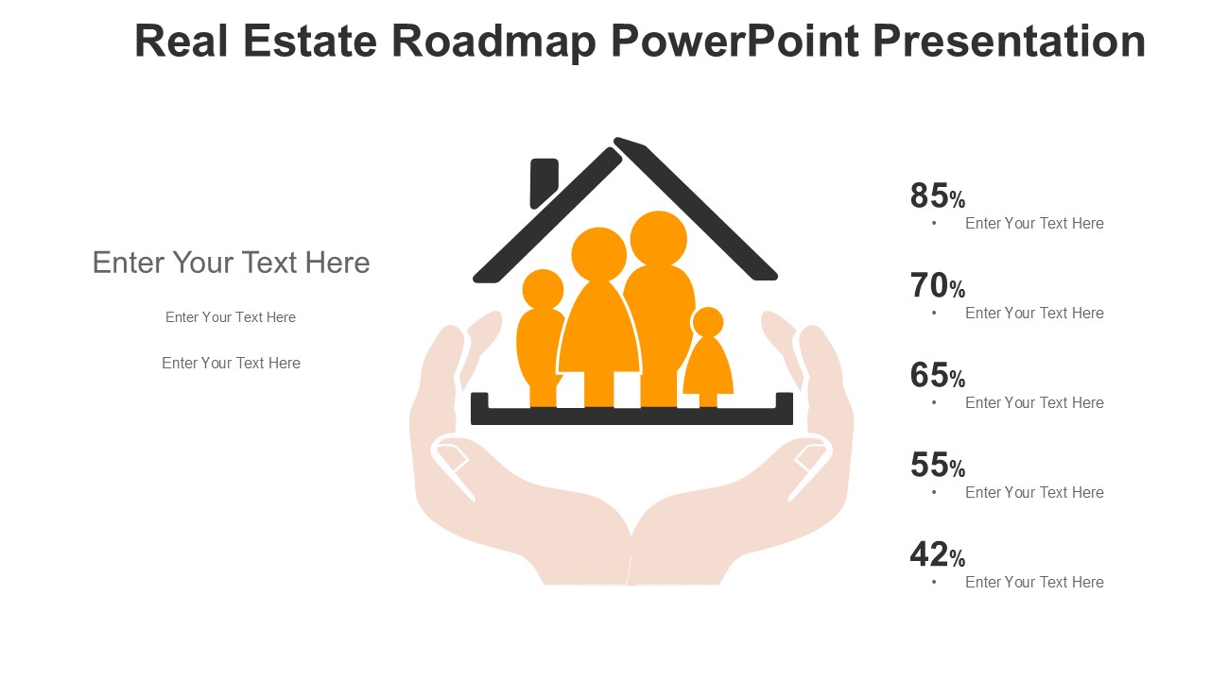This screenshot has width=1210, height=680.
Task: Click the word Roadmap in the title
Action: (x=493, y=41)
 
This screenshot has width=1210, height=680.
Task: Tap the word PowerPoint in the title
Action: (x=735, y=41)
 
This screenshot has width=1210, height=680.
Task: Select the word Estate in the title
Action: (x=309, y=41)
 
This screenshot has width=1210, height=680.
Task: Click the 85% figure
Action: (x=937, y=195)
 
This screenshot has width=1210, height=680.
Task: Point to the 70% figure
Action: (x=937, y=285)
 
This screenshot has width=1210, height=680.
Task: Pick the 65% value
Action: (x=937, y=375)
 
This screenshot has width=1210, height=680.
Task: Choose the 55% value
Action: (x=937, y=465)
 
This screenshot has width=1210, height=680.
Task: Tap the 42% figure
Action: (x=937, y=554)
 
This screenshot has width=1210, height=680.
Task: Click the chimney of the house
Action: (x=543, y=181)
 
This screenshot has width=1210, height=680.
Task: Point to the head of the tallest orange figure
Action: (x=659, y=239)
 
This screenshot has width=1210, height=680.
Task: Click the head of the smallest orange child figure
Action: (x=708, y=322)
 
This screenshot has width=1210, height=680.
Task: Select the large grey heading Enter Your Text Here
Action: (x=232, y=263)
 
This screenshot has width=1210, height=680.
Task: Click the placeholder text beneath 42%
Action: (x=1034, y=583)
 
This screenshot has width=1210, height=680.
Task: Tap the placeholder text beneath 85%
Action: (x=1034, y=224)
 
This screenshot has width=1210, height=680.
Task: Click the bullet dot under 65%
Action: (x=934, y=402)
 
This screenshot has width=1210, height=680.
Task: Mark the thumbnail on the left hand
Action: (x=452, y=457)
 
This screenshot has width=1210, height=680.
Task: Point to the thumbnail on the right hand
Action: (x=810, y=457)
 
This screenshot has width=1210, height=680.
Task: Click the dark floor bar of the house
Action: (x=632, y=416)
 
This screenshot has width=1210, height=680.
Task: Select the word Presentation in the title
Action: (x=1009, y=41)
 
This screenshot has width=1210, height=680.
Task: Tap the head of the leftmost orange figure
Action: (x=543, y=290)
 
